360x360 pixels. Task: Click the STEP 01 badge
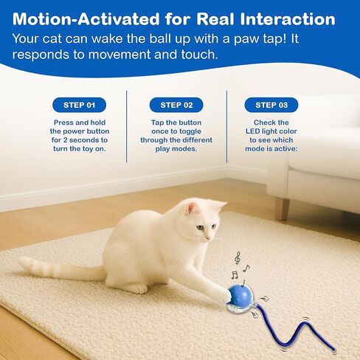pos(79,105)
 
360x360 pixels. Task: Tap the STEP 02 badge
pos(176,105)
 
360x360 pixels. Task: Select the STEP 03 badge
pos(271,105)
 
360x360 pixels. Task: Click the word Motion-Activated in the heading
pos(86,19)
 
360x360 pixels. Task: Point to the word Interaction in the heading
pos(288,19)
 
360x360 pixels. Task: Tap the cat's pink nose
pos(208,238)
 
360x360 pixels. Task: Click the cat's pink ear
pos(193,209)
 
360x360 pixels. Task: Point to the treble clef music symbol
pos(238,258)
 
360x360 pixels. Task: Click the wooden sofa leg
pos(283,209)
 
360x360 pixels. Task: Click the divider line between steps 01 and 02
pos(127,126)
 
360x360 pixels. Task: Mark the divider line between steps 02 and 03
pos(226,126)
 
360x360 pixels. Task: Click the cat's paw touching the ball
pos(226,296)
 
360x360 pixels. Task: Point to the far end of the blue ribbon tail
pos(334,351)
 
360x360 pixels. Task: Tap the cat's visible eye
pos(201,227)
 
